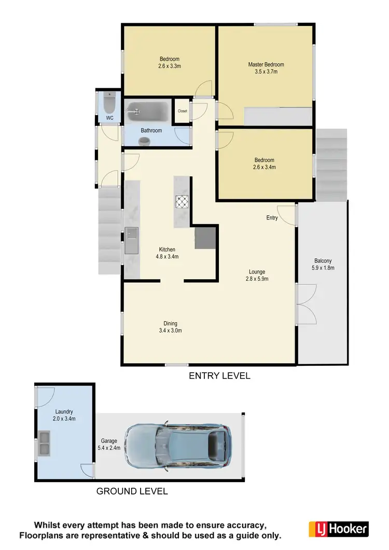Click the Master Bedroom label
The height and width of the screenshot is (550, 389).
click(x=266, y=68)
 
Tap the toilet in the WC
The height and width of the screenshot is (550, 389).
click(x=109, y=104)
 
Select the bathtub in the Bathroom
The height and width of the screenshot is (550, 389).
click(x=148, y=111)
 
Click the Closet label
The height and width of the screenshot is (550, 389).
click(x=182, y=111)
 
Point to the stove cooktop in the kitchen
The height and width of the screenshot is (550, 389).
click(x=183, y=201)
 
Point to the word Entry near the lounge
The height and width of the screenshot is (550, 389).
click(x=272, y=218)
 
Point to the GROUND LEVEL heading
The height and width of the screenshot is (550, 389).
click(x=132, y=491)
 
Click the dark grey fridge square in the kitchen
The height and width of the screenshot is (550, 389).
click(x=205, y=238)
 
